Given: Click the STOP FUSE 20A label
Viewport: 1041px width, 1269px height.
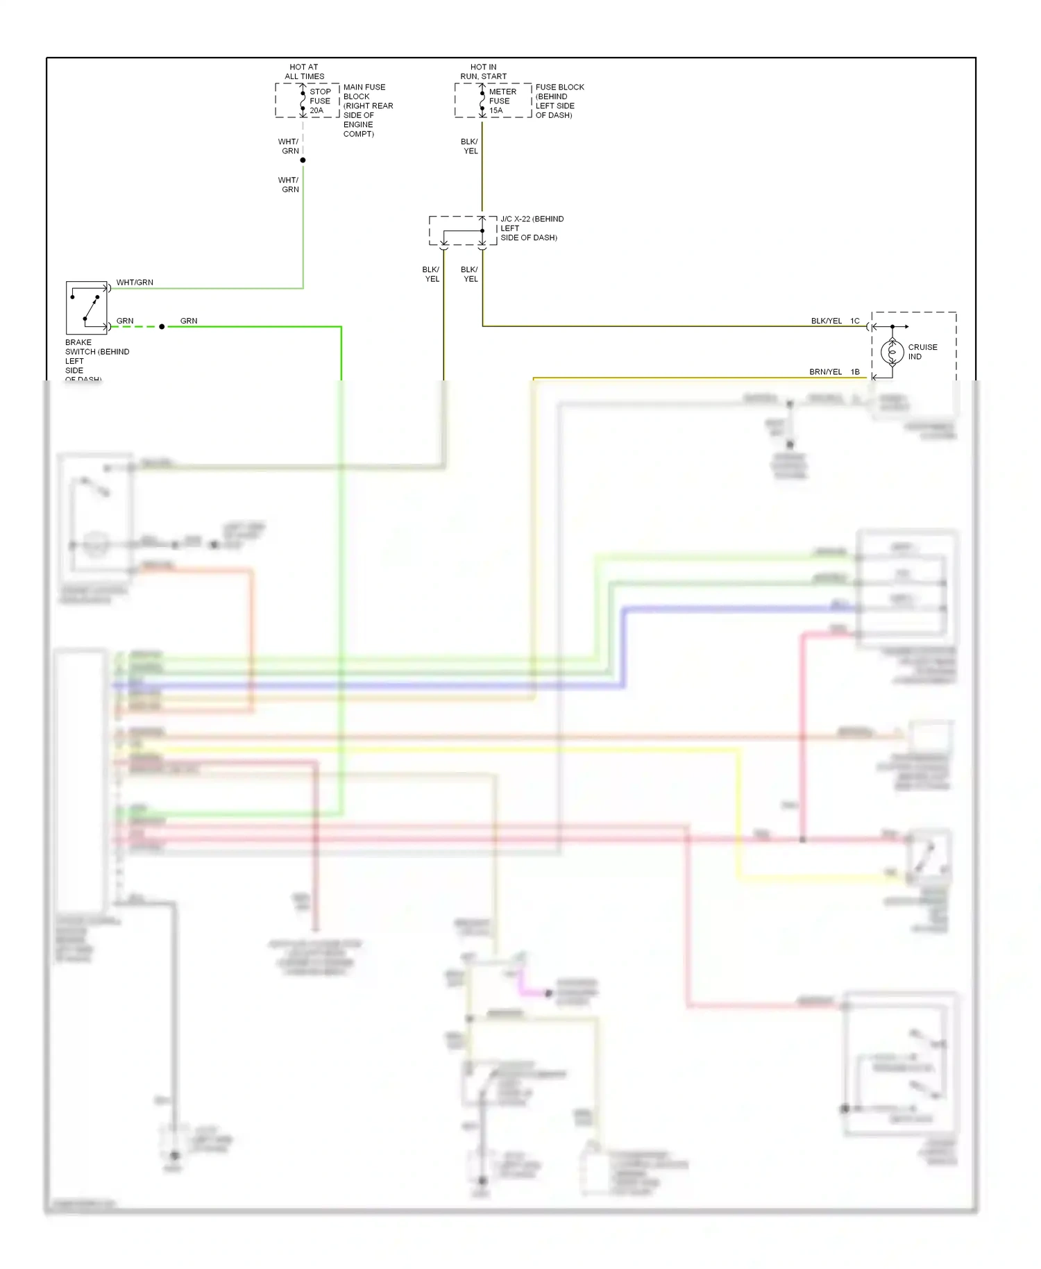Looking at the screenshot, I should coord(319,101).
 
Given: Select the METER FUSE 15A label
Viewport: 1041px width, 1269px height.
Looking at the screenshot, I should coord(502,101).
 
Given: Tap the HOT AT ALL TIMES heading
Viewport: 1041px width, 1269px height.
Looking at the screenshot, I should coord(304,72).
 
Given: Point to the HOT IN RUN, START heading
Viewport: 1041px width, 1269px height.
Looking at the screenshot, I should coord(483,72).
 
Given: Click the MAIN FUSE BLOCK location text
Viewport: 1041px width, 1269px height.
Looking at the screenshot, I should coord(367,110).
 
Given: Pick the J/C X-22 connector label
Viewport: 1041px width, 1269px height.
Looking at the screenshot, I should coord(532,228).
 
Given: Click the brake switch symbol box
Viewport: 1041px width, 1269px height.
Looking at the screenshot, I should coord(87,308).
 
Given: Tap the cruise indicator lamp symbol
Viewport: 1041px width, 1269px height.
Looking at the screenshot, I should coord(892,352).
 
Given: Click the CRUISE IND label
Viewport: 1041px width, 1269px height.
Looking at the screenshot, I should coord(922,351).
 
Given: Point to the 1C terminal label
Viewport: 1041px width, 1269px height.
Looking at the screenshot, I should coord(855,321).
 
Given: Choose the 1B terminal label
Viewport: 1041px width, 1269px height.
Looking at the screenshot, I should coord(855,372).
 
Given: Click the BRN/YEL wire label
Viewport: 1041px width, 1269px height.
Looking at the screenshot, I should coord(825,372).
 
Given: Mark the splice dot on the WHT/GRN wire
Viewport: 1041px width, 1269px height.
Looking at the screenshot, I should coord(303,160).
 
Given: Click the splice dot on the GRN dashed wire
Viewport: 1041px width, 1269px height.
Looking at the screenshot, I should coord(162,326).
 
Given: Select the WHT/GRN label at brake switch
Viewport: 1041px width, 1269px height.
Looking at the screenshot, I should coord(135,283).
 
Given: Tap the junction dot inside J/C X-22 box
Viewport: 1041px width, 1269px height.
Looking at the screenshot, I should coord(482,230).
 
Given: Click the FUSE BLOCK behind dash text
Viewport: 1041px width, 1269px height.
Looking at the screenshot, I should coord(559,101).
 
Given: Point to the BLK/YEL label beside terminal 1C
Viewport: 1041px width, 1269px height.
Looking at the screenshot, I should coord(826,321).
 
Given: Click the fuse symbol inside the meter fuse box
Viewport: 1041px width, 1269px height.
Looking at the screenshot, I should coord(482,101).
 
